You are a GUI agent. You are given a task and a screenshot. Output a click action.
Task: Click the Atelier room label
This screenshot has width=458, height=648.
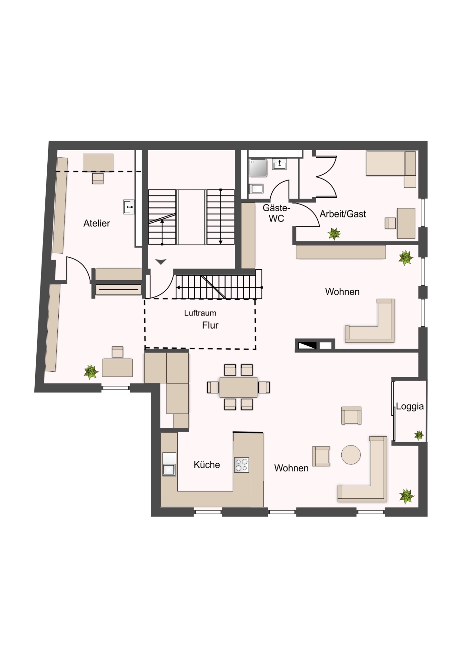click(x=97, y=223)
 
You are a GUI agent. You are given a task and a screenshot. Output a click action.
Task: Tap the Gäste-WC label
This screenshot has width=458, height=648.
click(x=276, y=213)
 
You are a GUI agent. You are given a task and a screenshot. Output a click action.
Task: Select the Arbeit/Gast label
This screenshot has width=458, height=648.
click(x=343, y=214)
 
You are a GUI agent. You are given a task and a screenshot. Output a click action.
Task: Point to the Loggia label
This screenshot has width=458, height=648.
click(x=410, y=406)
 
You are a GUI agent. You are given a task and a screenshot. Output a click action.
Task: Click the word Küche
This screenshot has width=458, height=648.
click(x=207, y=465)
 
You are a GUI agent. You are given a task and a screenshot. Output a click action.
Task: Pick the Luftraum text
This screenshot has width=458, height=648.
click(x=200, y=313)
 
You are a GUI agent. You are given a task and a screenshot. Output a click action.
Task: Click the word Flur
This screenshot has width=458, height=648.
click(x=210, y=325)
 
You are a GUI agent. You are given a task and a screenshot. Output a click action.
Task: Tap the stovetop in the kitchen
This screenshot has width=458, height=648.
click(x=241, y=465)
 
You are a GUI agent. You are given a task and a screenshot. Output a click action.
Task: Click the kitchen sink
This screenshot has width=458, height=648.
click(x=169, y=469)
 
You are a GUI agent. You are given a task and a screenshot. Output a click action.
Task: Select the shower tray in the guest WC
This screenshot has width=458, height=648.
click(x=258, y=168)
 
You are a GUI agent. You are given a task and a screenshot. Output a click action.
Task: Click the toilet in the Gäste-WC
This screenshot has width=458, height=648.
click(x=256, y=189)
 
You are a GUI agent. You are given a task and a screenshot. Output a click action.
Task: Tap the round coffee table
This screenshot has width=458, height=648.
click(x=351, y=455)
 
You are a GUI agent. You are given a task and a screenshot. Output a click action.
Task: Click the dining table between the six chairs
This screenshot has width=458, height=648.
click(x=238, y=387)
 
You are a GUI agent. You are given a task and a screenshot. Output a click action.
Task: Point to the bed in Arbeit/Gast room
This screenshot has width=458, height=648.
click(x=391, y=163)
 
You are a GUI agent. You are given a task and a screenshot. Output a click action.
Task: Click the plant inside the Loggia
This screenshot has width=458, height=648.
click(x=419, y=435)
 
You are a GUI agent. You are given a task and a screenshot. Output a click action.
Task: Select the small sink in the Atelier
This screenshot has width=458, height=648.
click(x=129, y=207)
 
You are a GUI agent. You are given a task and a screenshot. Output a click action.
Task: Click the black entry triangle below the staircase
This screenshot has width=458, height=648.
click(x=161, y=261)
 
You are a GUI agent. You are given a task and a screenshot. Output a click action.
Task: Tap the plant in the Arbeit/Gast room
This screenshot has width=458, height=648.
click(x=334, y=233)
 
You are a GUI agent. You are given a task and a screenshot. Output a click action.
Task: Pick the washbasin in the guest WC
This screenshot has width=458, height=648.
click(x=279, y=164)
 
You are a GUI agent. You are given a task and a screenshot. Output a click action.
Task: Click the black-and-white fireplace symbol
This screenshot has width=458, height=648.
click(x=307, y=345)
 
